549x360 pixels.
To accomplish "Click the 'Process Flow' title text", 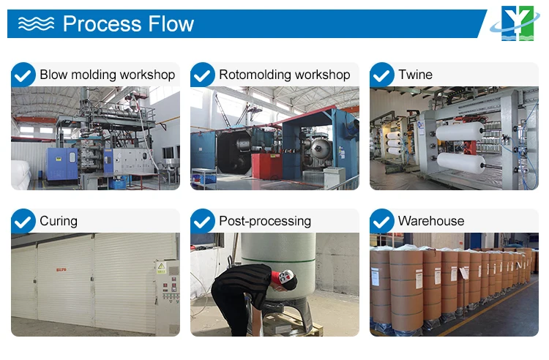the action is pos(128,23).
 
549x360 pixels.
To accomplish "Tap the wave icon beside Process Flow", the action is pos(36,23).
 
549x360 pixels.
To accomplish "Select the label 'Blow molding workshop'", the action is pos(107,75).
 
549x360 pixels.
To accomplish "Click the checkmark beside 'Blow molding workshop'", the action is pos(23,75).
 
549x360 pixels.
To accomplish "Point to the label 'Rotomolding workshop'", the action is pos(284,75).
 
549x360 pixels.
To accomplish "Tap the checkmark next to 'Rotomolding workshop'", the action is pos(203,75).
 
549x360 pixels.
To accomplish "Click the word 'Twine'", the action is pos(415,75).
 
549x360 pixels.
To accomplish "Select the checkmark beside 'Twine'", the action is pos(382,75).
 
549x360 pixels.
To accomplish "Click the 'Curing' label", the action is pos(59,221).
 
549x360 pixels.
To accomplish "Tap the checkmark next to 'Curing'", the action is pos(23,221).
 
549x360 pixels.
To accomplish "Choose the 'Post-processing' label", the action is pos(265,221).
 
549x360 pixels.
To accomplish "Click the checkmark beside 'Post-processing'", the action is pos(203,221).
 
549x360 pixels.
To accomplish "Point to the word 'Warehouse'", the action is pos(431,221).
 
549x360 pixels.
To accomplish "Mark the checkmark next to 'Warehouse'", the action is pos(382,221).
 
